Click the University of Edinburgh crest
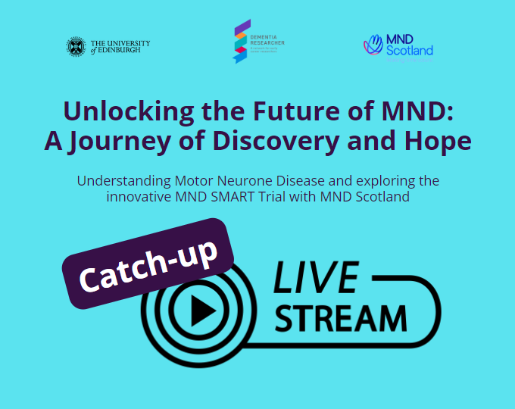pyautogui.click(x=76, y=47)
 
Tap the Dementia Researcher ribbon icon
pyautogui.click(x=240, y=41)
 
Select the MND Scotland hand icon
pyautogui.click(x=373, y=45)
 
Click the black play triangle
pyautogui.click(x=200, y=310)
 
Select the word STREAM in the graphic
pyautogui.click(x=340, y=317)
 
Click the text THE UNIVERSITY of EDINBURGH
pyautogui.click(x=119, y=47)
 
